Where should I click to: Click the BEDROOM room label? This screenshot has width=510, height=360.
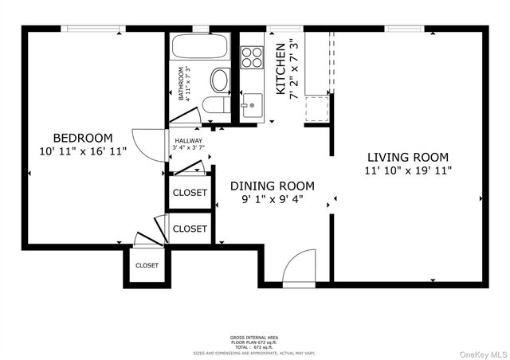83,137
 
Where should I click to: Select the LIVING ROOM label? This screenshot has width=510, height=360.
407,157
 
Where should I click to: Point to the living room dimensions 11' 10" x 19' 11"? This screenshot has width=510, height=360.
407,170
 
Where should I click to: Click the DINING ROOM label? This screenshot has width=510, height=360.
267,186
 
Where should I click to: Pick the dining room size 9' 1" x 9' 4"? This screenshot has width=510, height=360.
267,199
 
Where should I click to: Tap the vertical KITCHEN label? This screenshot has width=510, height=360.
280,69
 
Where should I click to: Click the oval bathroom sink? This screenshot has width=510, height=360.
218,80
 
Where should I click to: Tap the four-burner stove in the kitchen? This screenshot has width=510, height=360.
253,57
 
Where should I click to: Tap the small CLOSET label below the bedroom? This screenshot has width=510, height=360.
147,266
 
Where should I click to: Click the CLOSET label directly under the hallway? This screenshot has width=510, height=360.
190,193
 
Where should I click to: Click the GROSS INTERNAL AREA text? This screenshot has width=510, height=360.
254,338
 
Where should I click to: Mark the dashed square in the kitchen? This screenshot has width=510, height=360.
317,107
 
